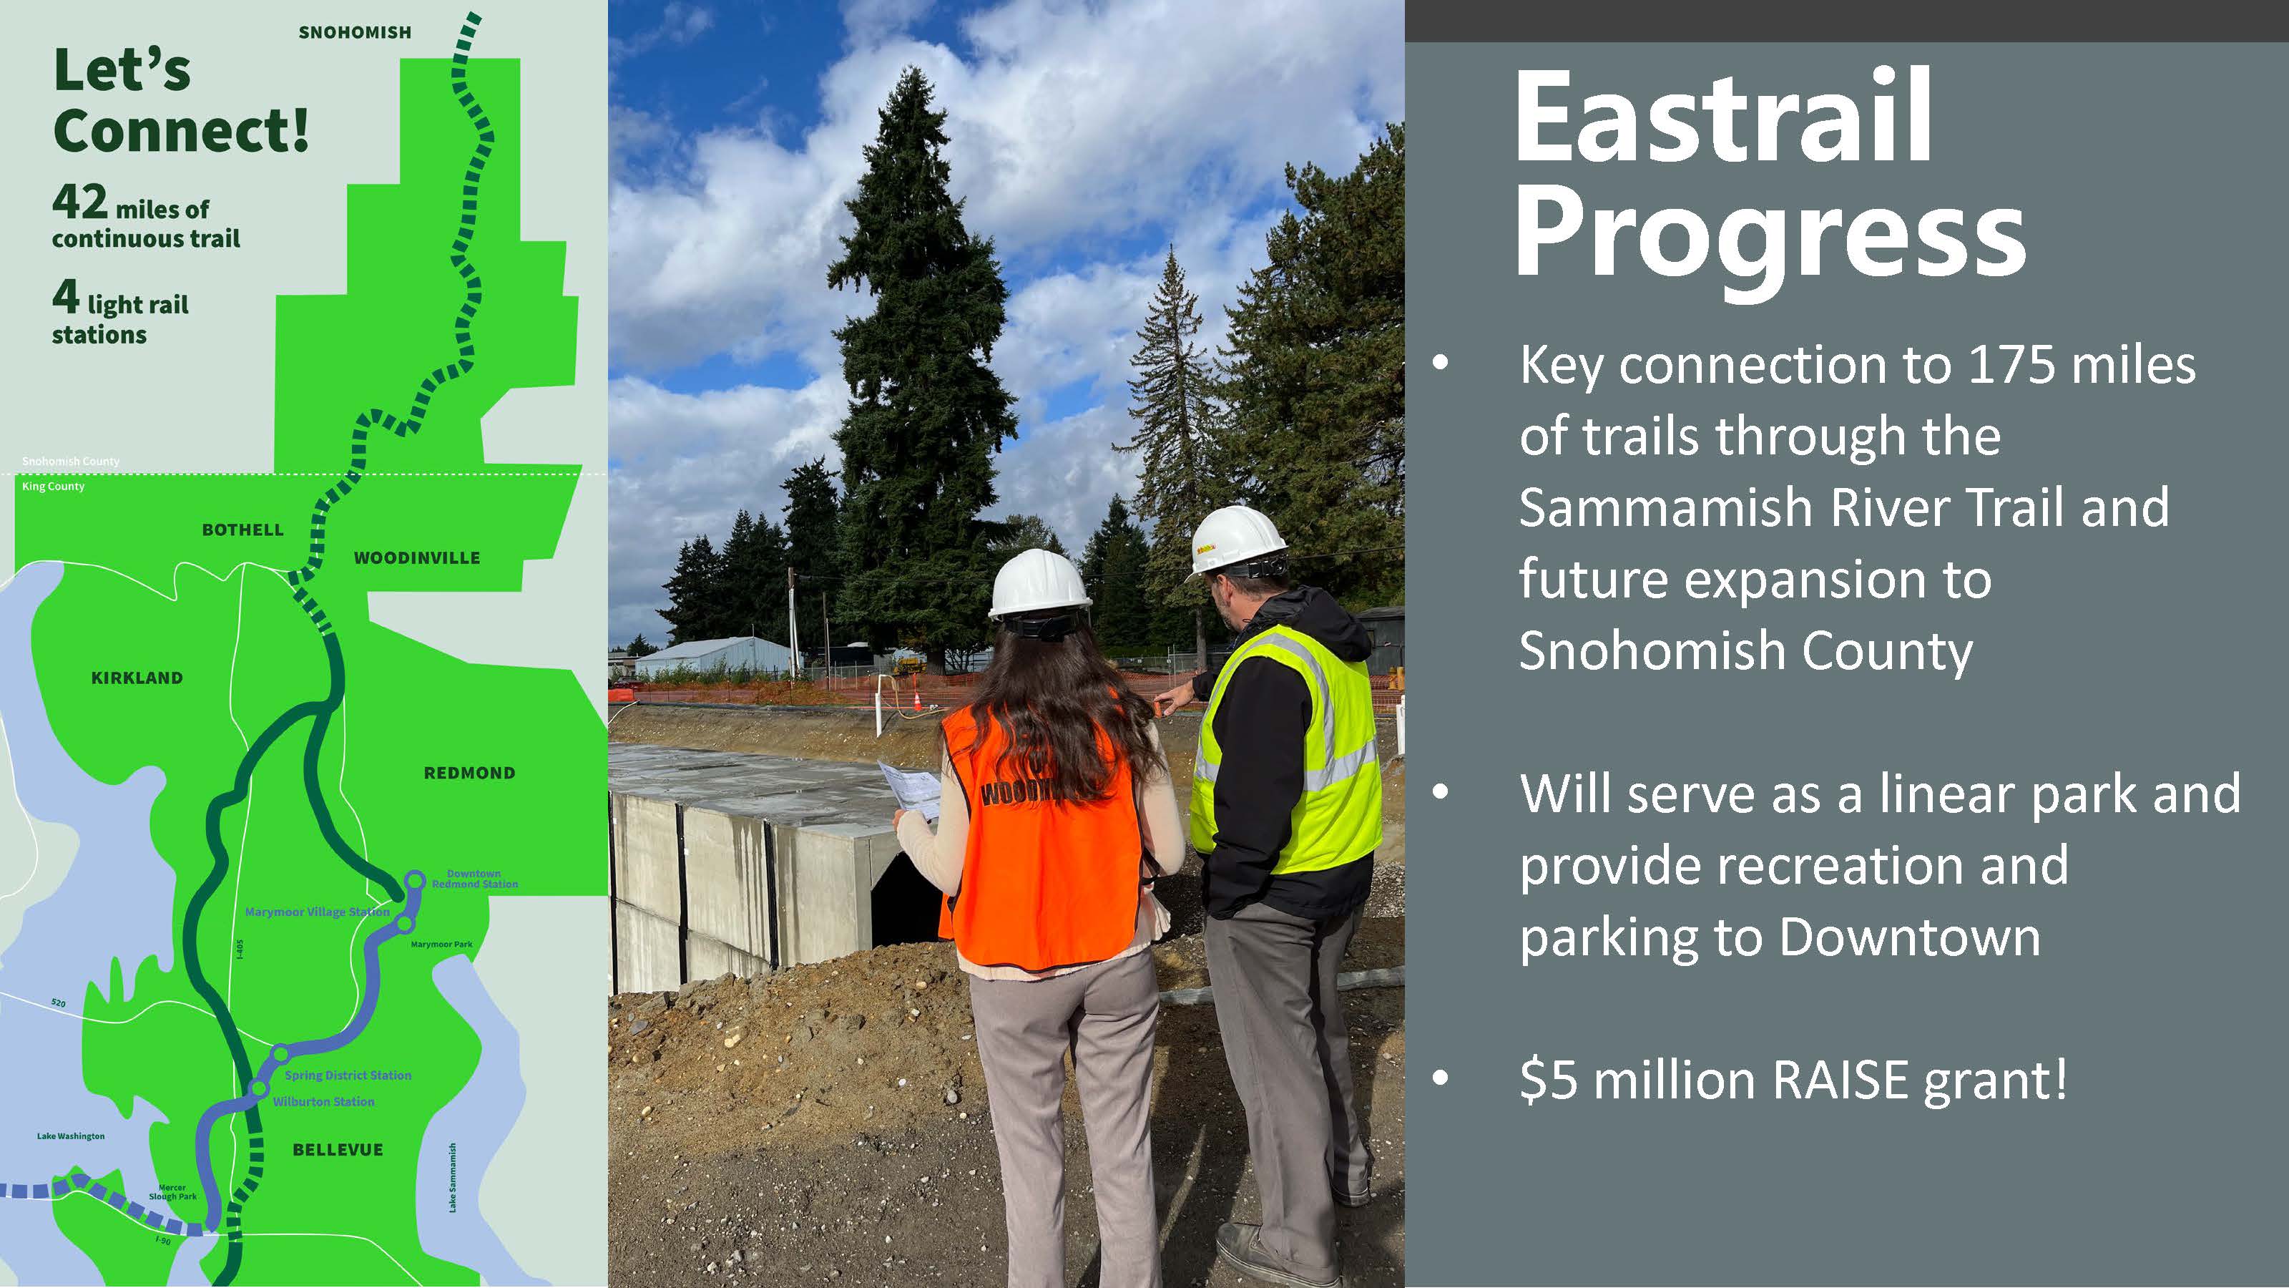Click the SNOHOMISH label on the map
tap(355, 33)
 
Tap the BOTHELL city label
tap(242, 530)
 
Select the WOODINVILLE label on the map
tap(417, 558)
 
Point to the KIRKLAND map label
tap(137, 678)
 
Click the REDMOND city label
tap(469, 774)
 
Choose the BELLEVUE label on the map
tap(338, 1149)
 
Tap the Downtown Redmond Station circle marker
tap(414, 881)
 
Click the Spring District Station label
tap(348, 1075)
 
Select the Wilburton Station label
tap(323, 1102)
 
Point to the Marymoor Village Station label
tap(317, 912)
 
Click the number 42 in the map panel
tap(79, 202)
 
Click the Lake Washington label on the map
tap(71, 1136)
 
